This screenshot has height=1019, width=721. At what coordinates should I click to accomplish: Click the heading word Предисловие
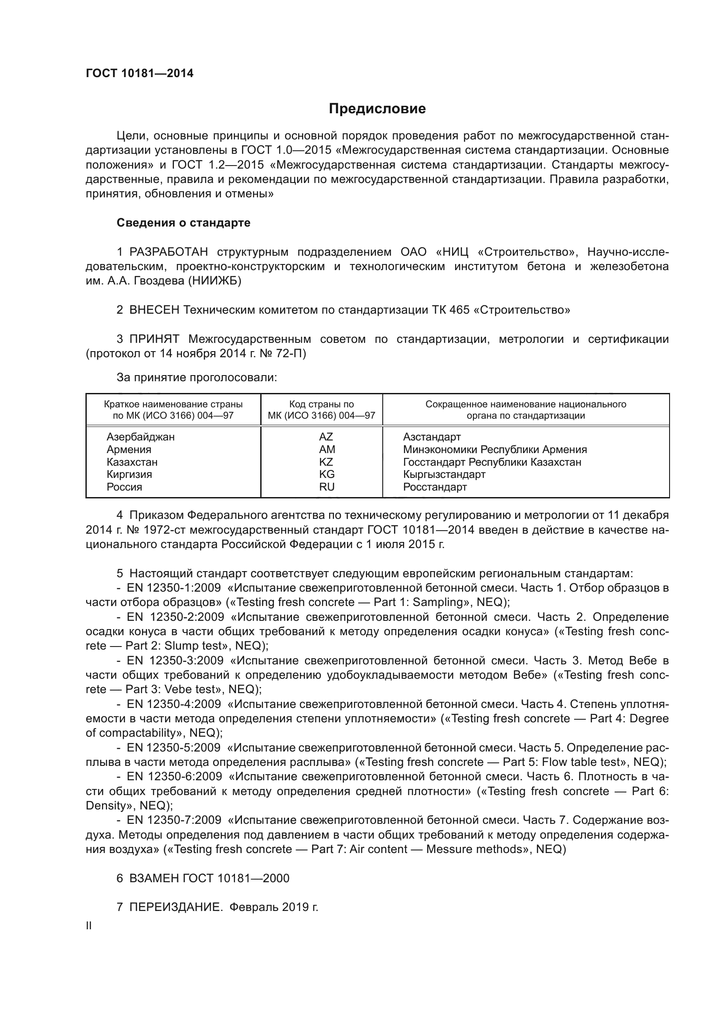point(377,109)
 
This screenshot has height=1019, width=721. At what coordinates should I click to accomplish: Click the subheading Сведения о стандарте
point(184,223)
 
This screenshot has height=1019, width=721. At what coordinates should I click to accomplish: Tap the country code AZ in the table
point(326,437)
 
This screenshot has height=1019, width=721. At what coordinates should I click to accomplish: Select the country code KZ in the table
point(326,462)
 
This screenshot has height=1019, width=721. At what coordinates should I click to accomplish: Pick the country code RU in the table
point(326,487)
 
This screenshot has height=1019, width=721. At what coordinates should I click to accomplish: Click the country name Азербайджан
point(141,437)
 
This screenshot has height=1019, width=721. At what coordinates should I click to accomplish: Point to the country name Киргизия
point(129,474)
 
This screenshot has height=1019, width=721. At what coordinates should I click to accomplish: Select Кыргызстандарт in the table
point(444,474)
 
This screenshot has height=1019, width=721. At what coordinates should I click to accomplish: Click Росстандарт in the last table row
point(435,487)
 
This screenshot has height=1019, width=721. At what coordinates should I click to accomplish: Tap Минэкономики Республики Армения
point(495,450)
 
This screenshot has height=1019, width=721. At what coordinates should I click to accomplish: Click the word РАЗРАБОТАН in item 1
point(169,252)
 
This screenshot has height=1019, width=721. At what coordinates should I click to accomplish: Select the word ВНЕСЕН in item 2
point(154,310)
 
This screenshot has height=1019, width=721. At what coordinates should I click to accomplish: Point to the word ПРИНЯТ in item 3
point(154,339)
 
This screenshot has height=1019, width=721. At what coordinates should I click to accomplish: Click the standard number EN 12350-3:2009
point(175,660)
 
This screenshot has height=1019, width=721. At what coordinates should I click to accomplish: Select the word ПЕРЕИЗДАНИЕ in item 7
point(176,907)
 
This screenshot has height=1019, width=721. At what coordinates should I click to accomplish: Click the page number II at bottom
point(89,926)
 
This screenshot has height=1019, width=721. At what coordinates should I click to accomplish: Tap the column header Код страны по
point(321,404)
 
